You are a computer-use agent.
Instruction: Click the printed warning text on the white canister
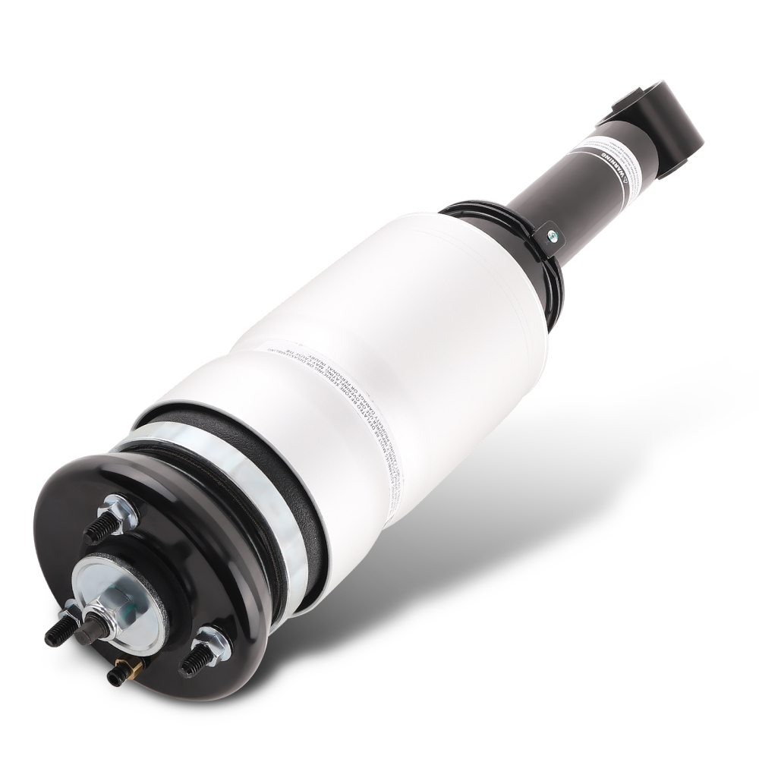point(364,395)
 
